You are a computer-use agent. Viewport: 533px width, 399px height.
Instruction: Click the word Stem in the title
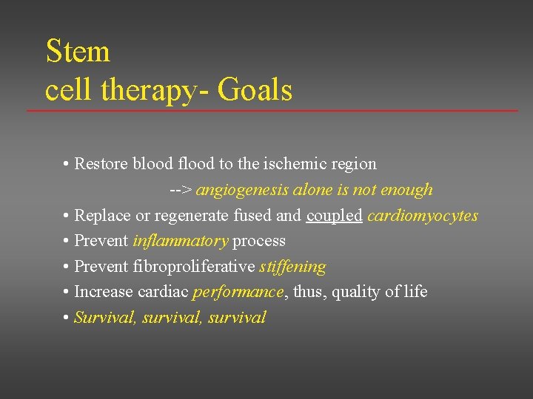78,52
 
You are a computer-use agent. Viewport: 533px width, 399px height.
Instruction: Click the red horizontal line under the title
272,111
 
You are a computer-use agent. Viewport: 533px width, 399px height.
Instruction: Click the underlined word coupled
334,216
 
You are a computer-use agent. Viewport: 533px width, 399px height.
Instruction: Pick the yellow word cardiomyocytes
423,216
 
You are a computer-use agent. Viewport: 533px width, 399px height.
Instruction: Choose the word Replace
101,216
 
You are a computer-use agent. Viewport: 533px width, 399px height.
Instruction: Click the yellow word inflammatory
180,241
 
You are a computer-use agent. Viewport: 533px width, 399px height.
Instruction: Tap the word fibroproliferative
195,266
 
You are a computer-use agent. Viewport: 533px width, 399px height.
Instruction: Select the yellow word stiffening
292,266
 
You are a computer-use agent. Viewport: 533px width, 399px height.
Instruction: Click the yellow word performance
238,292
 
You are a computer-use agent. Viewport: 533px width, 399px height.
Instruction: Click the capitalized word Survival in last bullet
104,318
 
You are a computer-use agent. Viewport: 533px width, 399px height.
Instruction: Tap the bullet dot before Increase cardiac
67,292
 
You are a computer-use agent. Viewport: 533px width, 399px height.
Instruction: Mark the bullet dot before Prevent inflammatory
67,241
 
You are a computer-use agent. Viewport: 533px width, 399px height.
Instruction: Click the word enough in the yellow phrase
406,191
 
